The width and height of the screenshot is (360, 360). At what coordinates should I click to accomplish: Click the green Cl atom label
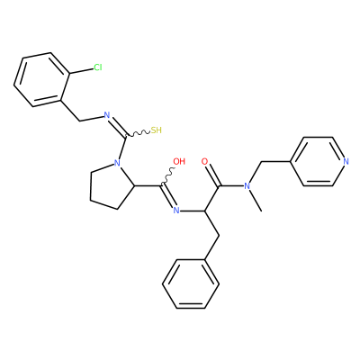pyautogui.click(x=98, y=67)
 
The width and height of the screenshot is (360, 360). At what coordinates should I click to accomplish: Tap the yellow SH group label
pyautogui.click(x=156, y=130)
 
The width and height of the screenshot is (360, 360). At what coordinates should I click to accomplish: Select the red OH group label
pyautogui.click(x=179, y=161)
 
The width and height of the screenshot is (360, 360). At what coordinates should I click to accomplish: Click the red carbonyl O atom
pyautogui.click(x=204, y=161)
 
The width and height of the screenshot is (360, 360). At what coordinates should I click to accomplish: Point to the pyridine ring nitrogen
pyautogui.click(x=346, y=162)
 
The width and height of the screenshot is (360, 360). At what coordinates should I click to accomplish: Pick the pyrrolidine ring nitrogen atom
pyautogui.click(x=117, y=164)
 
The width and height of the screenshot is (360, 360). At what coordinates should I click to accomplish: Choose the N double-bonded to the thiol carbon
pyautogui.click(x=106, y=115)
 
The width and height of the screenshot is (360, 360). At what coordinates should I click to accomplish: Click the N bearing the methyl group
pyautogui.click(x=247, y=186)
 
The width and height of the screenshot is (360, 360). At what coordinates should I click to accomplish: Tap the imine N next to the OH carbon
pyautogui.click(x=176, y=211)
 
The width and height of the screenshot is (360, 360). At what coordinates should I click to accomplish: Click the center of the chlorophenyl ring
pyautogui.click(x=42, y=80)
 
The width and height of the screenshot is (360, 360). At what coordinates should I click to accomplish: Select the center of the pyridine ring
pyautogui.click(x=318, y=162)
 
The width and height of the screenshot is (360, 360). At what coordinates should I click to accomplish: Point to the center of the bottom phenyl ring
pyautogui.click(x=191, y=284)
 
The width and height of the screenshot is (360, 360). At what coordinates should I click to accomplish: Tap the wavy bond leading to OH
pyautogui.click(x=167, y=177)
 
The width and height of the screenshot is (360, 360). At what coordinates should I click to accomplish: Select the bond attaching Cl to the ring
pyautogui.click(x=82, y=71)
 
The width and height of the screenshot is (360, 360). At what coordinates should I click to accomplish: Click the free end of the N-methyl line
pyautogui.click(x=262, y=211)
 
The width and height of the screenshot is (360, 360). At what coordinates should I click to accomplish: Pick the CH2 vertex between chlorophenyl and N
pyautogui.click(x=79, y=121)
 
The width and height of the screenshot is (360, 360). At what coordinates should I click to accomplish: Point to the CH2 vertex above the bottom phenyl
pyautogui.click(x=219, y=236)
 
